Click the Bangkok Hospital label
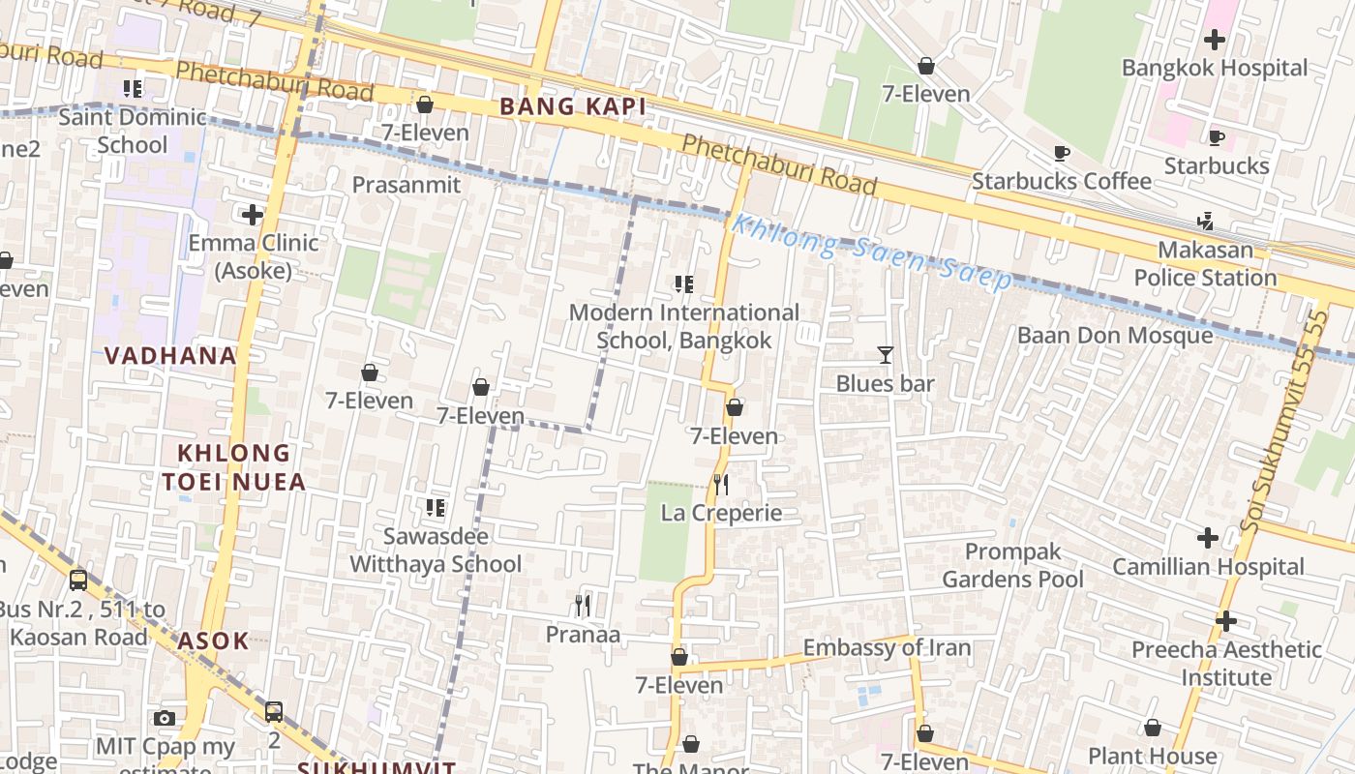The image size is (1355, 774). coord(1214,68)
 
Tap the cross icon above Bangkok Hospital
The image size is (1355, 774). coord(1214,40)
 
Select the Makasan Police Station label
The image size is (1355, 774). coord(1205,263)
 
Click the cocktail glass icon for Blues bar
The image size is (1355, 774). coord(885,355)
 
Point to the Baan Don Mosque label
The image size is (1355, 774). coord(1114,336)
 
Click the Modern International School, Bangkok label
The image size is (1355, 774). coord(683,326)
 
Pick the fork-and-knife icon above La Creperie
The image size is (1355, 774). coord(721,484)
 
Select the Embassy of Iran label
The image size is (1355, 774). coord(887,647)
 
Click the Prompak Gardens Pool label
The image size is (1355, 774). coord(1012,565)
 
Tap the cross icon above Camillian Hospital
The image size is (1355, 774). coord(1207,537)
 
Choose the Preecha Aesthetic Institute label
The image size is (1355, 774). coord(1226,663)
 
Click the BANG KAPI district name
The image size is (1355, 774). coord(572,106)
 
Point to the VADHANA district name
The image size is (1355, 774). coord(170,355)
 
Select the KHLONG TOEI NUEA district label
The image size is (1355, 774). coord(233,466)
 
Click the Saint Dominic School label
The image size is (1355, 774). coord(133,131)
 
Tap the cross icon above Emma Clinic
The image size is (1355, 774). coord(253,214)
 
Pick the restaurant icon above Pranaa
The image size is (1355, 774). coord(582,606)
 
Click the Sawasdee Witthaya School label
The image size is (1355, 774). coord(436,550)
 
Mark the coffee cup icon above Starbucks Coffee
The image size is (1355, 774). coord(1061,153)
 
